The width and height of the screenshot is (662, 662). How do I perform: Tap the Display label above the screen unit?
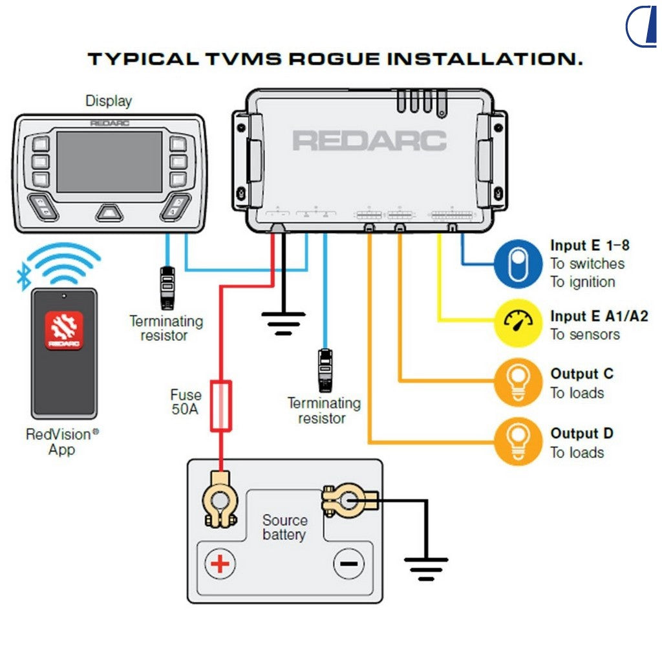coord(109,101)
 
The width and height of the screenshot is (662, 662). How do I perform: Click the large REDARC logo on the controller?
coord(369,140)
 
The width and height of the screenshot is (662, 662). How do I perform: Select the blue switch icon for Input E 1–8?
coord(518,264)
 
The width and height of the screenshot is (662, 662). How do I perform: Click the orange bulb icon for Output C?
coord(518,382)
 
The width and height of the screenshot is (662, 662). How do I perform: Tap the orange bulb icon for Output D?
coord(518,442)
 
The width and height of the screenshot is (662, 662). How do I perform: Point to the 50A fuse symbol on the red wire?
coord(221,405)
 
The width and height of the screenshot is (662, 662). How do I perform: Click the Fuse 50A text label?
coord(186,401)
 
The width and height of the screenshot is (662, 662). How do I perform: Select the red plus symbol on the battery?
coord(220,564)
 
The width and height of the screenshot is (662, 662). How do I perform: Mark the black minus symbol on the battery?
coord(348,564)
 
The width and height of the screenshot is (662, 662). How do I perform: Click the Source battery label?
coord(284,528)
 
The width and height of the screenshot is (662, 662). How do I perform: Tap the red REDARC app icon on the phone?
coord(64,330)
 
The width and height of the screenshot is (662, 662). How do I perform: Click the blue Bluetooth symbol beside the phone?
coord(24,278)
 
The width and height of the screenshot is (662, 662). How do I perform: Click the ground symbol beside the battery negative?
coord(426,567)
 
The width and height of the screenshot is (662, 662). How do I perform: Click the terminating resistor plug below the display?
coord(166,287)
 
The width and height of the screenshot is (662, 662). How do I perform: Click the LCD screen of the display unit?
coord(109,162)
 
